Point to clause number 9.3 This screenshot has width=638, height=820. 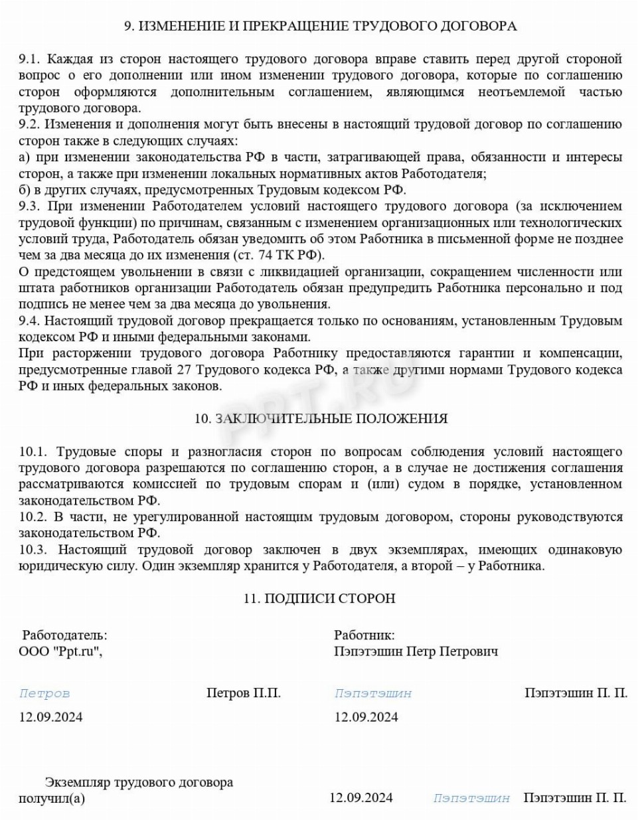[29, 206]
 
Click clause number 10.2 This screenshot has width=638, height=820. [33, 517]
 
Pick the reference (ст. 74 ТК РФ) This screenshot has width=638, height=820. [278, 255]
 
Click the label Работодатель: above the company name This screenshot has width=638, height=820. [64, 635]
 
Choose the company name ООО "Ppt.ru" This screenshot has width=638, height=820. [60, 652]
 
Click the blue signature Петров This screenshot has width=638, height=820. [44, 694]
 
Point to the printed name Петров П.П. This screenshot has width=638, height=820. [244, 693]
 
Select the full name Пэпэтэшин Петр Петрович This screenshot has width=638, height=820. [416, 652]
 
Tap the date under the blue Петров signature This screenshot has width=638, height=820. [50, 717]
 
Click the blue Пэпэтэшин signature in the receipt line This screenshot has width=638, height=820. [471, 798]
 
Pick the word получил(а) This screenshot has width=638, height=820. [52, 798]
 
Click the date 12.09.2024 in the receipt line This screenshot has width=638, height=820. [360, 797]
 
